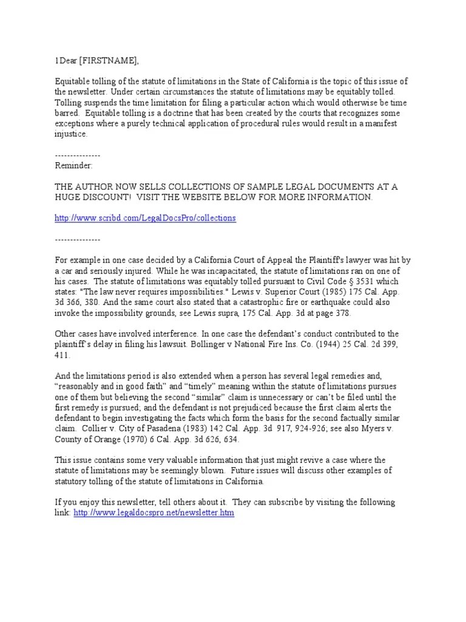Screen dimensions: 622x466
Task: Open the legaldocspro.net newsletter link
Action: (x=154, y=513)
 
